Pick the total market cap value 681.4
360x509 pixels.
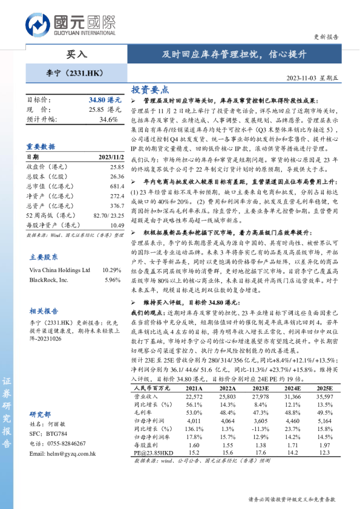pyautogui.click(x=117, y=187)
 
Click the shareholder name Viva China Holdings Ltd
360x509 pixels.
pyautogui.click(x=60, y=270)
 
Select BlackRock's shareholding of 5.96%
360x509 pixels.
pyautogui.click(x=113, y=280)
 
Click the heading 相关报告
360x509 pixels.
pyautogui.click(x=44, y=311)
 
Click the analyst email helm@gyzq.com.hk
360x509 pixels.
pyautogui.click(x=62, y=454)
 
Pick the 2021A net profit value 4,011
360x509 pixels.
pyautogui.click(x=194, y=420)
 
